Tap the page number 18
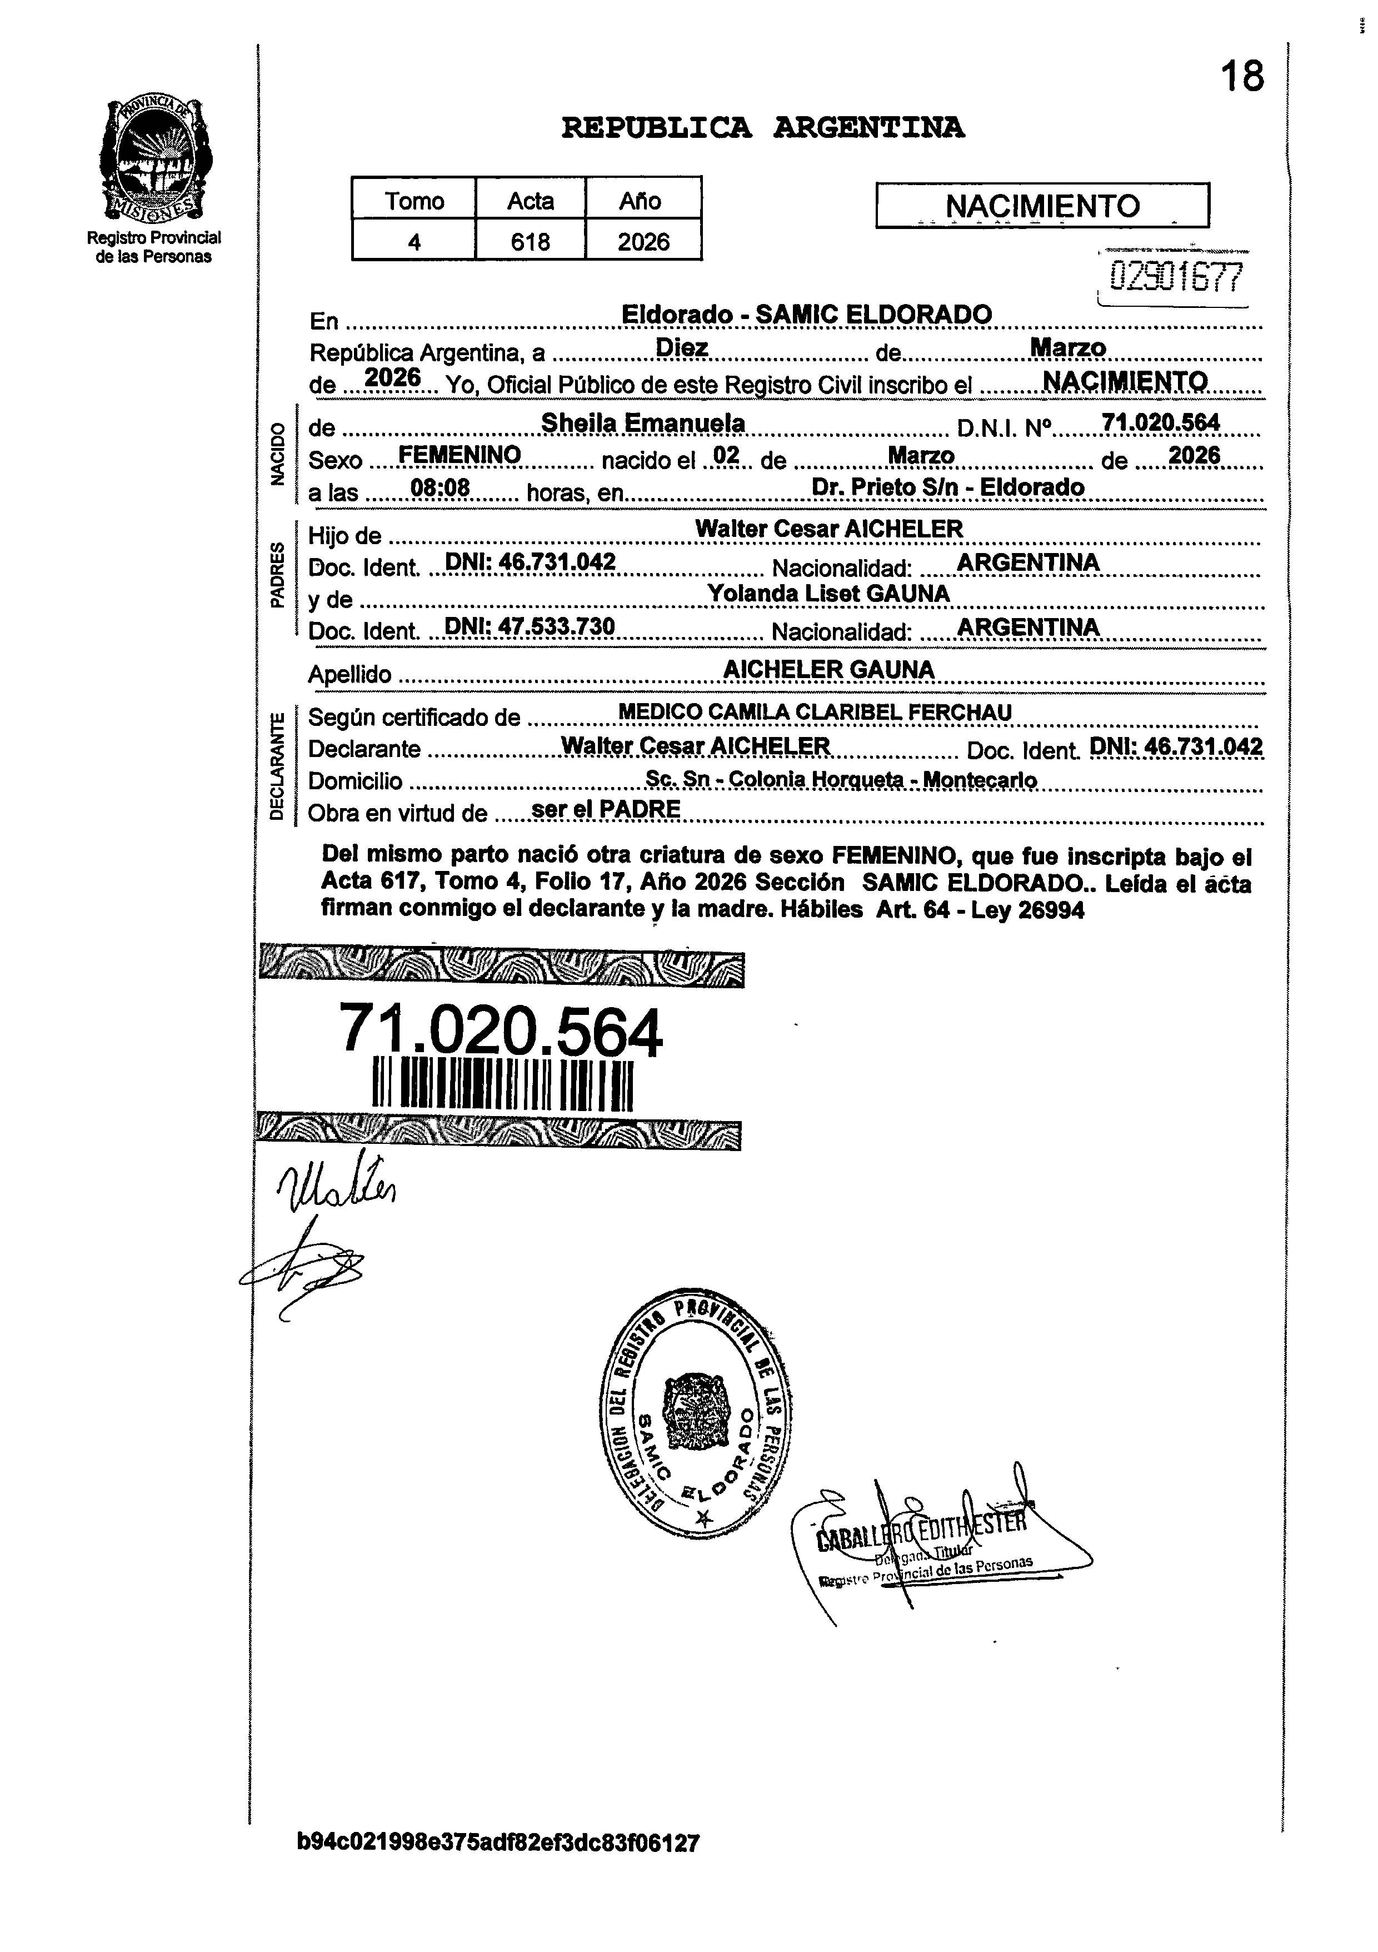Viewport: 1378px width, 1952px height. pos(1242,77)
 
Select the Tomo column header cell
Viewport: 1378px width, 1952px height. pos(414,201)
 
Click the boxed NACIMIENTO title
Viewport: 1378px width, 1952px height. pos(1042,206)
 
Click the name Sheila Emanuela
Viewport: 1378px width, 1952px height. pos(643,422)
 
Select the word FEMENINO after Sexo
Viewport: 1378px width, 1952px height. pos(459,456)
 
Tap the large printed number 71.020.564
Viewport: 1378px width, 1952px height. pos(500,1030)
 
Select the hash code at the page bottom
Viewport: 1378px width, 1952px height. pos(498,1867)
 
